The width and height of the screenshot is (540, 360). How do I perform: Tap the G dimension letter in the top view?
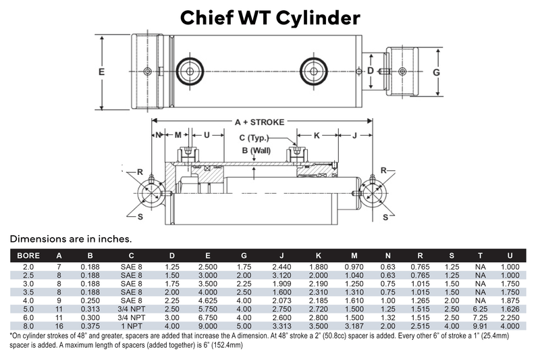tap(437, 72)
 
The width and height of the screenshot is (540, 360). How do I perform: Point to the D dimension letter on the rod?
tap(370, 71)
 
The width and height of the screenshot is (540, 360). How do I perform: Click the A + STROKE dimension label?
tap(259, 122)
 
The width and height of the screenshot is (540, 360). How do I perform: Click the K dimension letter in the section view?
tap(316, 136)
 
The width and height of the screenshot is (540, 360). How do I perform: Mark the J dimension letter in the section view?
tap(355, 136)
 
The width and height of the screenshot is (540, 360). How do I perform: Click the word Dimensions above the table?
tap(38, 238)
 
